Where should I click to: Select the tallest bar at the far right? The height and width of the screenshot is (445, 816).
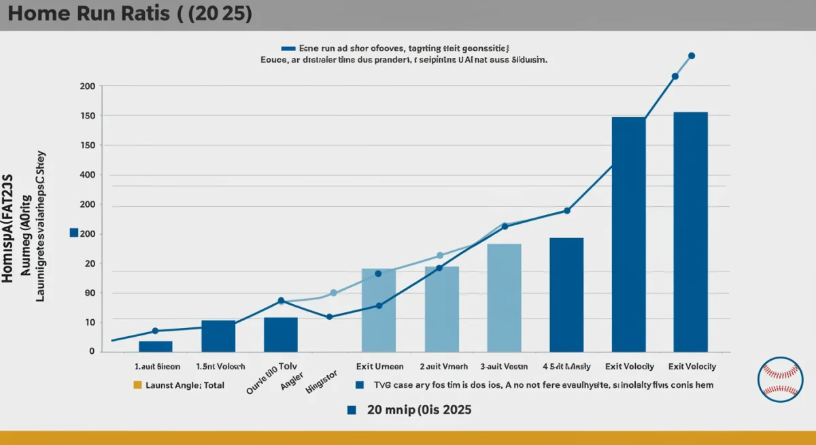(690, 231)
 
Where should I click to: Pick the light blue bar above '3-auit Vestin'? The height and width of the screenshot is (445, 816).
(504, 297)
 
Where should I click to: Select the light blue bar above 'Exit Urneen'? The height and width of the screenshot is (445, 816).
(379, 310)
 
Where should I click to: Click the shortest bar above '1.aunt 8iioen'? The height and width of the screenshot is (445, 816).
(155, 346)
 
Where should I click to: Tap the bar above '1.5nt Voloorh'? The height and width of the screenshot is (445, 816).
(218, 335)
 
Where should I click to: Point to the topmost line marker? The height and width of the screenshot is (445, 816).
(692, 56)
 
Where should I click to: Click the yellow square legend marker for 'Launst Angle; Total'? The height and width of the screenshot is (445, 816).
(137, 385)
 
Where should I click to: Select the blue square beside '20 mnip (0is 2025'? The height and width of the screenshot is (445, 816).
(352, 410)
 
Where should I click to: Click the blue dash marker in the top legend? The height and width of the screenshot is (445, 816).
(288, 49)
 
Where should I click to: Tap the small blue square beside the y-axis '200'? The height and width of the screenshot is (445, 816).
(74, 233)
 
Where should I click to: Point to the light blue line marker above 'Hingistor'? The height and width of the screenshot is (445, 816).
(333, 293)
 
